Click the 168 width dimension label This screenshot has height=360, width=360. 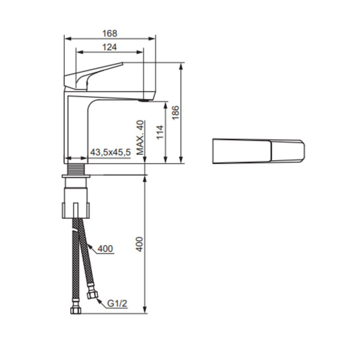tap(109, 34)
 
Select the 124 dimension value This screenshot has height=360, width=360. tap(109, 47)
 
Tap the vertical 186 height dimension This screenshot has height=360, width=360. tap(176, 112)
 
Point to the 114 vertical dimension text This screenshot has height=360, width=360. tap(160, 133)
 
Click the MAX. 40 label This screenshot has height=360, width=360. tap(140, 139)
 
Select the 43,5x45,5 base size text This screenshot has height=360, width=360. tap(110, 154)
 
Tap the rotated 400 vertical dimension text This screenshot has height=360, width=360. tap(140, 244)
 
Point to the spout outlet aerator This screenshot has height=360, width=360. tap(142, 101)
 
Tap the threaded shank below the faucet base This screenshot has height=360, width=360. tap(76, 169)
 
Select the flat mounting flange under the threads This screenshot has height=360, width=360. tap(76, 177)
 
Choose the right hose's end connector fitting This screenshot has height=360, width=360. tap(92, 294)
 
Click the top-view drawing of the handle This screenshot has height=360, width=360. tap(259, 151)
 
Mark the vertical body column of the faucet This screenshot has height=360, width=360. tap(76, 129)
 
